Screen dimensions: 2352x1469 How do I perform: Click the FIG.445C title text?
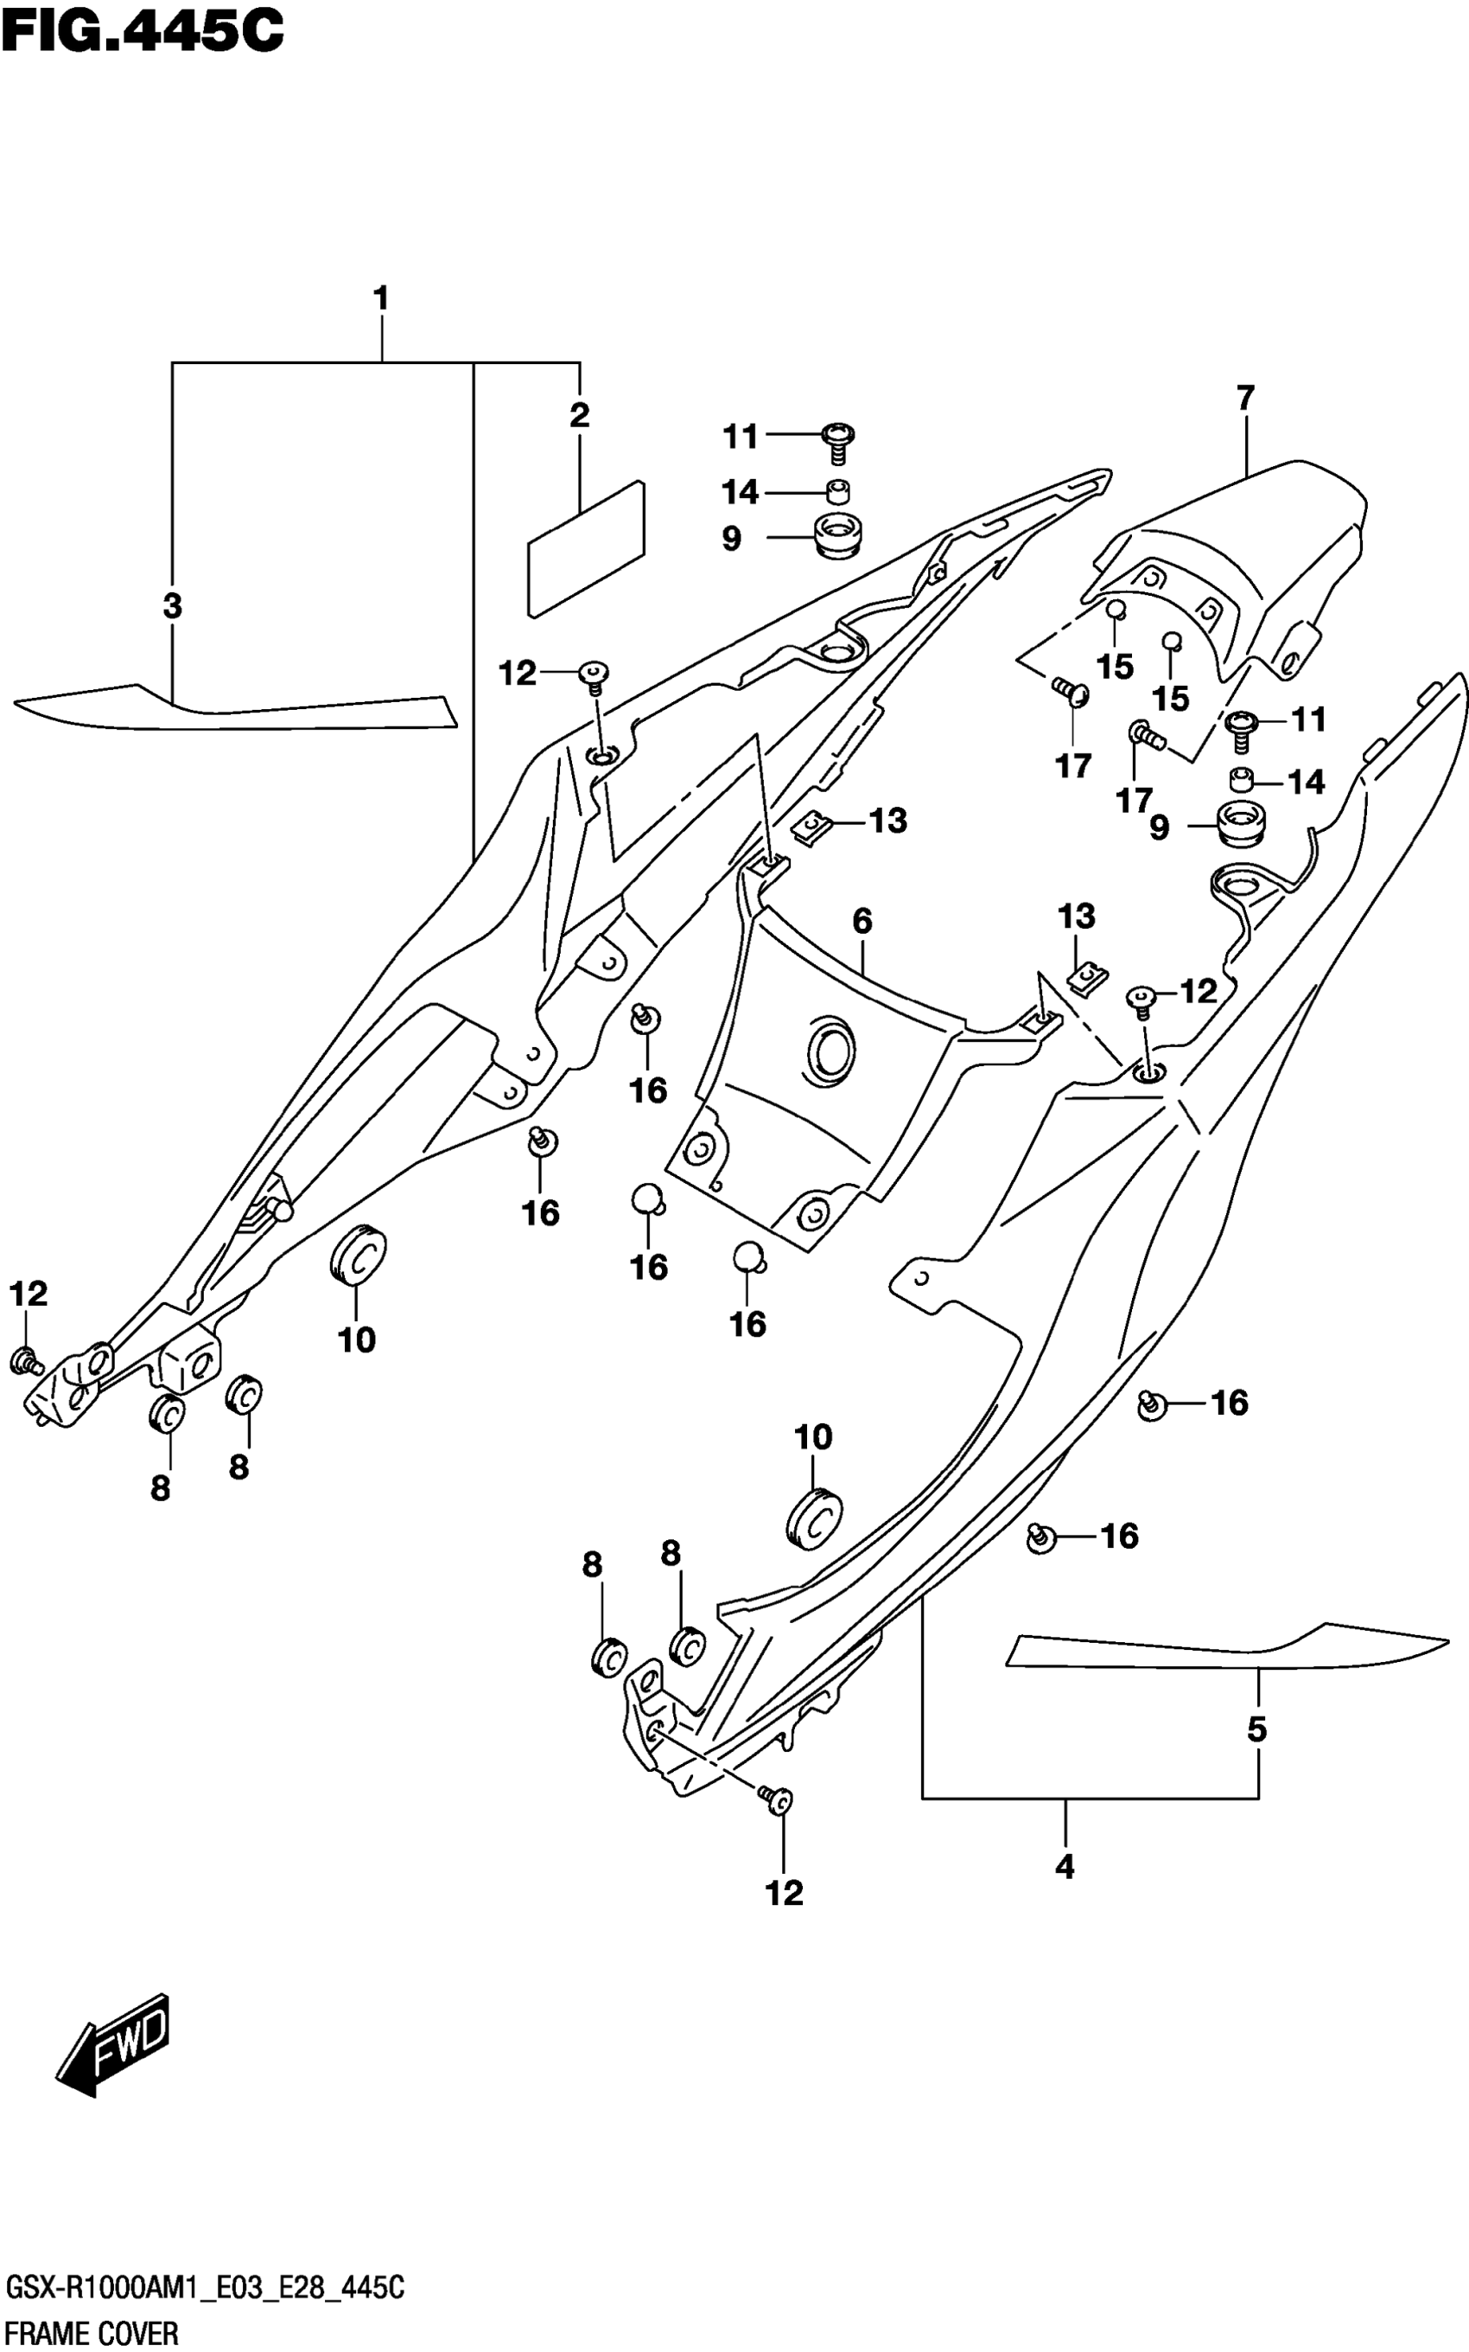(143, 31)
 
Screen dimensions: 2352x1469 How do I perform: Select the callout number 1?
(381, 298)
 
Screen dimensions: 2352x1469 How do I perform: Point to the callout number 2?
(579, 415)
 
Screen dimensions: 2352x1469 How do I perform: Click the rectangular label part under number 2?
(586, 548)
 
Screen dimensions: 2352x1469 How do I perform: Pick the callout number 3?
(172, 605)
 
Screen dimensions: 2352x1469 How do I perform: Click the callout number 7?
(1245, 398)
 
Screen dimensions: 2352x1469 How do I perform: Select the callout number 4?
(1065, 1866)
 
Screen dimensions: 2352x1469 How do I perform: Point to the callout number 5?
(1257, 1729)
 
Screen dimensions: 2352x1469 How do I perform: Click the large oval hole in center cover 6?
(830, 1050)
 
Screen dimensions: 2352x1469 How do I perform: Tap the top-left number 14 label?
(741, 493)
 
